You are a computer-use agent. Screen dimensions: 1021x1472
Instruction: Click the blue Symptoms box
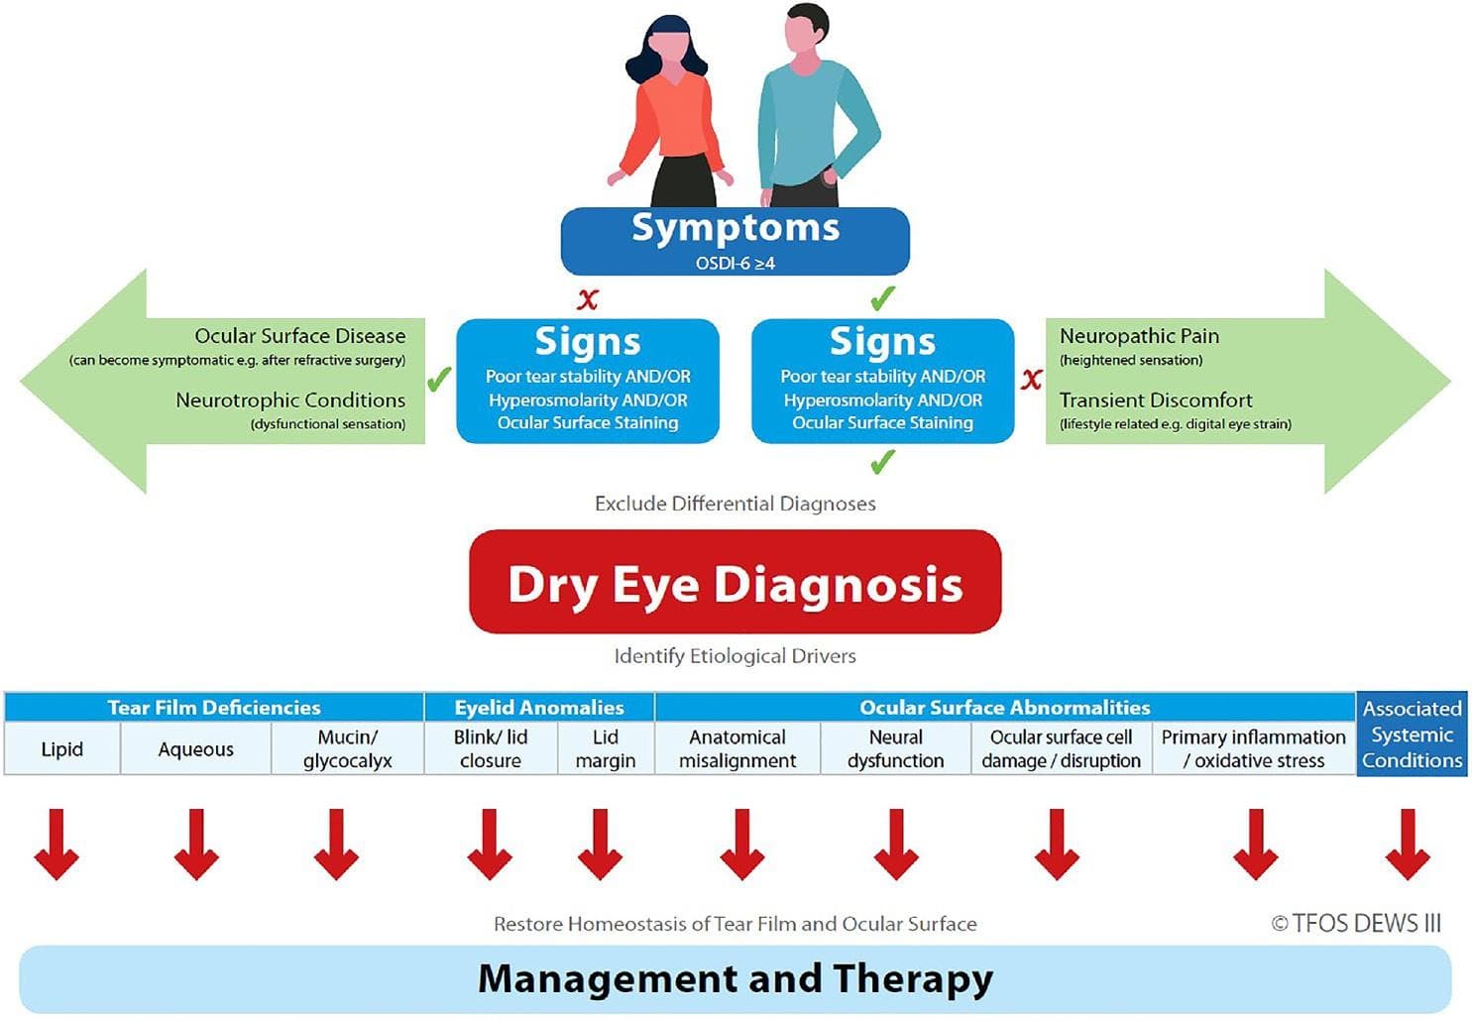point(735,240)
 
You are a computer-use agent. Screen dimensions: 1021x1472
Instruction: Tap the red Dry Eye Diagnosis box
point(735,583)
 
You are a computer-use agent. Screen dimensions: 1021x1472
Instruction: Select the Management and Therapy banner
point(735,978)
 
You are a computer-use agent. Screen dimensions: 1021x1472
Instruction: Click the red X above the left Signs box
point(588,298)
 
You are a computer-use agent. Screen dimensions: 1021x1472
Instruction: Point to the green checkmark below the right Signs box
point(882,461)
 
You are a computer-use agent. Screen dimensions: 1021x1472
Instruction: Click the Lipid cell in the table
point(61,748)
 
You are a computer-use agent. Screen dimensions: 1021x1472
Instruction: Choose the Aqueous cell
point(195,748)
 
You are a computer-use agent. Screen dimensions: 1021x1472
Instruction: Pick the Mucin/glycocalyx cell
point(347,748)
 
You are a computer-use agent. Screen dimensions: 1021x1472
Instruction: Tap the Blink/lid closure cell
point(490,748)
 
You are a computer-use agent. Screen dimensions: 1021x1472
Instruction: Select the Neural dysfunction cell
point(895,748)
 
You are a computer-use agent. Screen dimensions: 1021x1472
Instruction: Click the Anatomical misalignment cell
point(737,748)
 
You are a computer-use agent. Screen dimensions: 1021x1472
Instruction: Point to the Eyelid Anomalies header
point(538,707)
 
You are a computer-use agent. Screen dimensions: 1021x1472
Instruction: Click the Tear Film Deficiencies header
point(213,707)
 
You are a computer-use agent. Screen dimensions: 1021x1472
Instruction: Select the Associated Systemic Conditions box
point(1412,735)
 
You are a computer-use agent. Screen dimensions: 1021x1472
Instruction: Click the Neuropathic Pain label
point(1139,336)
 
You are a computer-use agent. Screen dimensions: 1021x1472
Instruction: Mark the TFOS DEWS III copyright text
point(1355,924)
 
